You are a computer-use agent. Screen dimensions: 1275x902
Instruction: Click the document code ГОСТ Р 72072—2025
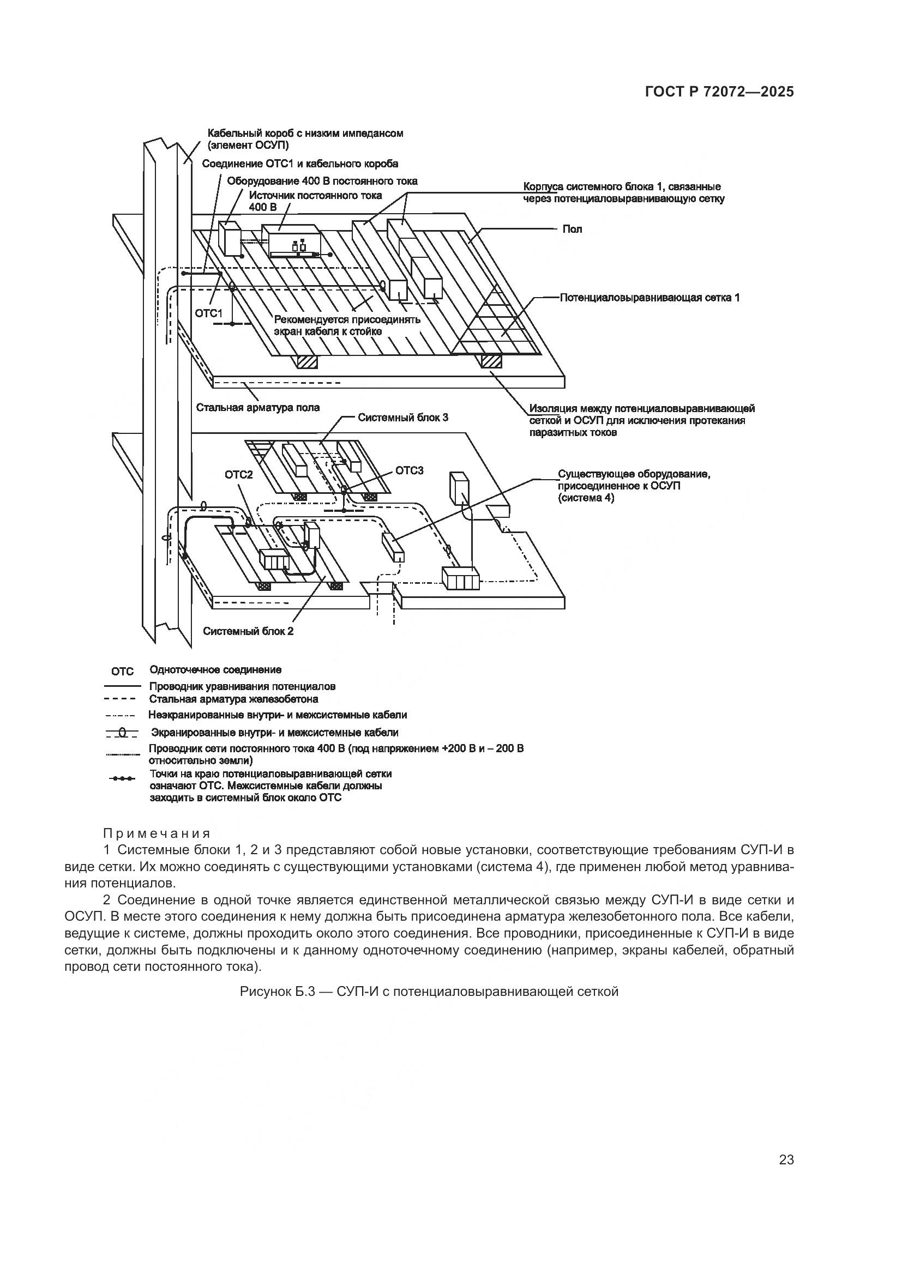pyautogui.click(x=719, y=92)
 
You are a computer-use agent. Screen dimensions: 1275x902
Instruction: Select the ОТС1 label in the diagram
pyautogui.click(x=208, y=313)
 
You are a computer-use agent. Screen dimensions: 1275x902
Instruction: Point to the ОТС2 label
pyautogui.click(x=239, y=475)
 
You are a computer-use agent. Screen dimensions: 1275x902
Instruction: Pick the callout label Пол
pyautogui.click(x=572, y=229)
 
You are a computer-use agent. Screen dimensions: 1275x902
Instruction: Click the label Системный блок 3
pyautogui.click(x=402, y=417)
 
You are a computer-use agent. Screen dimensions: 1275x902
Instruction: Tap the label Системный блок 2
pyautogui.click(x=248, y=631)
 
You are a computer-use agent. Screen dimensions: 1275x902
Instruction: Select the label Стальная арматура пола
pyautogui.click(x=258, y=407)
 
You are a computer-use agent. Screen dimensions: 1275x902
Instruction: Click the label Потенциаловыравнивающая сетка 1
pyautogui.click(x=650, y=297)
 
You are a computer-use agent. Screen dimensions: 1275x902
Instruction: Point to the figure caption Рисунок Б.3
pyautogui.click(x=429, y=991)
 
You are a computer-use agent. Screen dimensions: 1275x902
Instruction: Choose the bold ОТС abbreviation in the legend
pyautogui.click(x=123, y=672)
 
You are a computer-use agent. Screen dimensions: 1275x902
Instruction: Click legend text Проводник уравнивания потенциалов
pyautogui.click(x=242, y=686)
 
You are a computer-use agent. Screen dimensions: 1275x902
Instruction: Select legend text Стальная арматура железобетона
pyautogui.click(x=233, y=699)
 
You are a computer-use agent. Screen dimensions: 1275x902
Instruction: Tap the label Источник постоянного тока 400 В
pyautogui.click(x=315, y=196)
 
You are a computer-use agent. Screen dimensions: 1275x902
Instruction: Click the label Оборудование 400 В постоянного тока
pyautogui.click(x=322, y=181)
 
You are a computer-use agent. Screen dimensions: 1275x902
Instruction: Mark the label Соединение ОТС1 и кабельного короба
pyautogui.click(x=300, y=164)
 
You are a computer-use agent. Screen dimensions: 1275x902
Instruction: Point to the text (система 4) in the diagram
pyautogui.click(x=586, y=498)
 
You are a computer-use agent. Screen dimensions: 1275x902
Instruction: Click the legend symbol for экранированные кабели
pyautogui.click(x=122, y=734)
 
